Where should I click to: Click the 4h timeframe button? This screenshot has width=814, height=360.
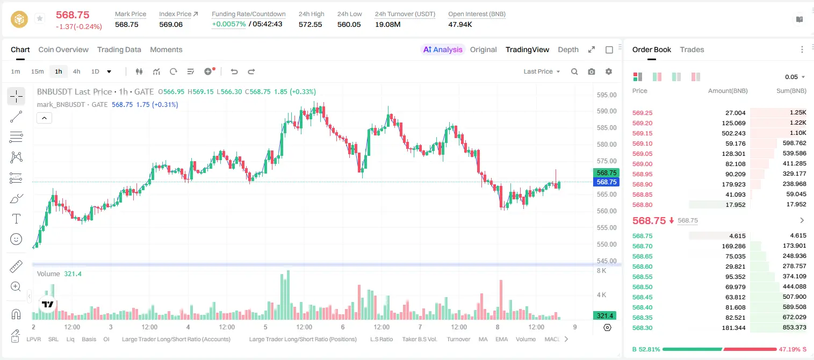(x=76, y=71)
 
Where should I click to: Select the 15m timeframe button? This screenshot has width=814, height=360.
(x=37, y=71)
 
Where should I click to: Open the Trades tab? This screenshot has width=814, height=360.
(x=691, y=49)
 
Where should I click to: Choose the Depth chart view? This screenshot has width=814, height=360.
(x=568, y=49)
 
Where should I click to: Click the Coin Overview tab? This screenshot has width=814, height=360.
(x=63, y=49)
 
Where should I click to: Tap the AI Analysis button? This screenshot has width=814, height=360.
(x=443, y=49)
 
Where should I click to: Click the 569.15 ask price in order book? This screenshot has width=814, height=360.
(x=642, y=133)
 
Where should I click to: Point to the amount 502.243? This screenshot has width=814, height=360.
(x=733, y=133)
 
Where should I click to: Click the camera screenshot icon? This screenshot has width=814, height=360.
(x=591, y=71)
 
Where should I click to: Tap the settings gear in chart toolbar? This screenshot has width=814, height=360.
(x=609, y=71)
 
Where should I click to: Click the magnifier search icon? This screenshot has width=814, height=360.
(x=574, y=71)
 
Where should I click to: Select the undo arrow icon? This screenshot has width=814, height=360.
(x=234, y=71)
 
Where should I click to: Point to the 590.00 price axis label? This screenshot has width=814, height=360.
(x=607, y=111)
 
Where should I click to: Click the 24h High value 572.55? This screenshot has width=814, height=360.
(x=311, y=24)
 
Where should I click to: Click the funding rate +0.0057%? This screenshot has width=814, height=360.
(x=228, y=24)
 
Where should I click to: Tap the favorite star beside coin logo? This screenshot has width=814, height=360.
(x=40, y=18)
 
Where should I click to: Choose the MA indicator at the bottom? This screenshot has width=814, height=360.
(x=483, y=339)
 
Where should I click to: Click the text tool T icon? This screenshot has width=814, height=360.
(x=16, y=219)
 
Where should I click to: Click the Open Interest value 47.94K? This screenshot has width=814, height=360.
(x=460, y=24)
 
